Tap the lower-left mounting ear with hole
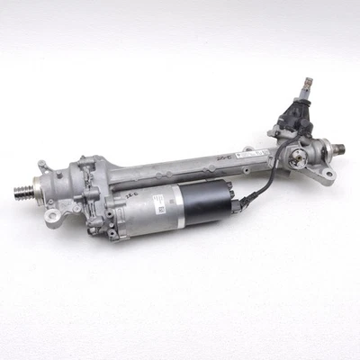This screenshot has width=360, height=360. coord(55,214)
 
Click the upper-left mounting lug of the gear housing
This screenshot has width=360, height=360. coord(42,165)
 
